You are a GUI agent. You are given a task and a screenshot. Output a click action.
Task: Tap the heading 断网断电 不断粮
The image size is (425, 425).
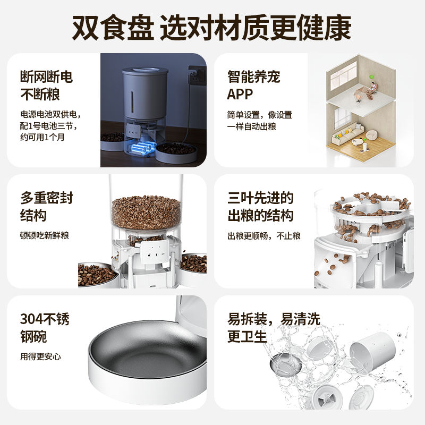click(x=47, y=86)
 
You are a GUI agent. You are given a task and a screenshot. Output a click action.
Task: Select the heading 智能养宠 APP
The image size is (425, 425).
click(x=253, y=86)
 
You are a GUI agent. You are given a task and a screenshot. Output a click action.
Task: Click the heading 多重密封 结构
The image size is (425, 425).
click(x=47, y=207)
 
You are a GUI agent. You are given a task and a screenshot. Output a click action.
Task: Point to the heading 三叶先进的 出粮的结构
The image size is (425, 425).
click(x=260, y=207)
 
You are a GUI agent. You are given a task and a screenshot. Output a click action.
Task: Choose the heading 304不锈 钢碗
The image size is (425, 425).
click(x=45, y=328)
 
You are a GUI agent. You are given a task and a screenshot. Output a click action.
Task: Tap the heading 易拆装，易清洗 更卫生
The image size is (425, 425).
click(x=274, y=328)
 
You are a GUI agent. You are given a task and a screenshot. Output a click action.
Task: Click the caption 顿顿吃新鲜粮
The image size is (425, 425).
click(x=45, y=235)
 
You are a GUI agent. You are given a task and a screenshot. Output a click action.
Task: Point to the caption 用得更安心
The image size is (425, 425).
click(x=40, y=356)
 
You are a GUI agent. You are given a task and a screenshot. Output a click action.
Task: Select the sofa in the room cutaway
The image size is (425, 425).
click(x=346, y=137)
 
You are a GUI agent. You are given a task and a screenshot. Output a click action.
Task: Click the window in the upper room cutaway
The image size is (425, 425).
click(x=343, y=80)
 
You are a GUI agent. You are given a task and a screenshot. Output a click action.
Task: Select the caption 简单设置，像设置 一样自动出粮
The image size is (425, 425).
click(x=260, y=121)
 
